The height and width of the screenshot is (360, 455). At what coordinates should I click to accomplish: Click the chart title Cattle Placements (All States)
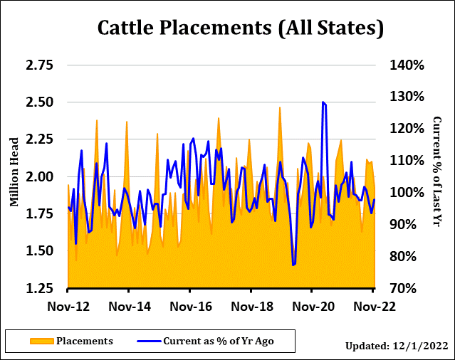point(240,28)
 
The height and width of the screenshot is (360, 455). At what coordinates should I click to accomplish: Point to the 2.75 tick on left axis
point(39,65)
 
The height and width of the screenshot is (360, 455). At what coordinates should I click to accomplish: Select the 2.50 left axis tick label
point(39,102)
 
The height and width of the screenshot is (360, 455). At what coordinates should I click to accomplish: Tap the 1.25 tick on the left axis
point(39,288)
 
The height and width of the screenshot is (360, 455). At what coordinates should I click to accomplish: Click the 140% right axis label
point(407,65)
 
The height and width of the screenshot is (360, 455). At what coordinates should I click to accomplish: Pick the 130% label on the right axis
point(407,97)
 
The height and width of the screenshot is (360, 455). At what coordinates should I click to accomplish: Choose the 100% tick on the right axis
point(407,192)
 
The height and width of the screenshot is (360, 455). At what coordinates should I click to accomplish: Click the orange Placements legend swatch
point(41,342)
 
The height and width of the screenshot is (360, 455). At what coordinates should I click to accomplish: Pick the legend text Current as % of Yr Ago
point(219,342)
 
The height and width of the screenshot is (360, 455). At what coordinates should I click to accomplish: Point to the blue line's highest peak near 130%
point(323,102)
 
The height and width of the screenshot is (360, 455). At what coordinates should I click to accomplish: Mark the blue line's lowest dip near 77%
point(293,265)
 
